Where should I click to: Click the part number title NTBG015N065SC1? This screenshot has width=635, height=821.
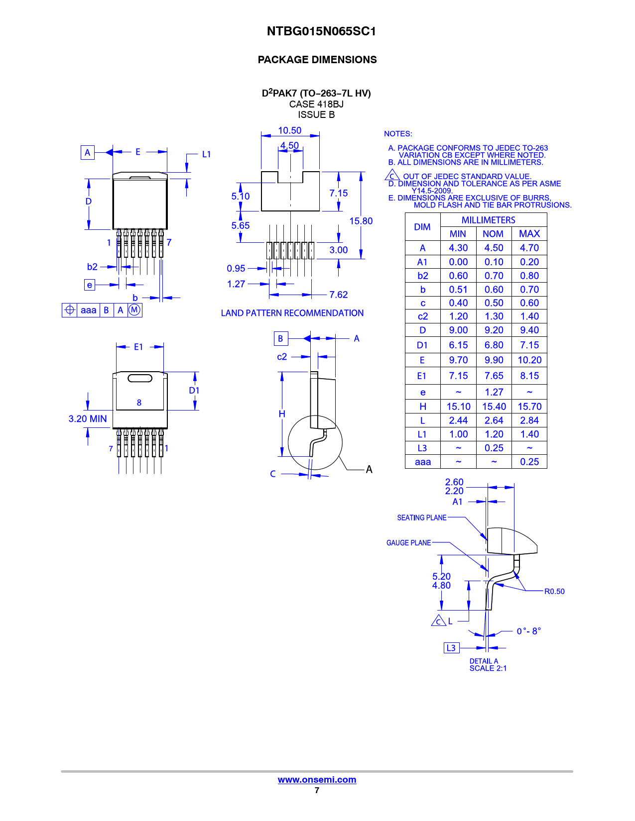pyautogui.click(x=321, y=31)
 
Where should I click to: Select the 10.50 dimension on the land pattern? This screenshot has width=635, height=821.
pyautogui.click(x=289, y=130)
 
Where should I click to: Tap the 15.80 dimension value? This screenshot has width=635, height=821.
pyautogui.click(x=361, y=221)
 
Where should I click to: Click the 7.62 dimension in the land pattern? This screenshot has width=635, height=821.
pyautogui.click(x=338, y=295)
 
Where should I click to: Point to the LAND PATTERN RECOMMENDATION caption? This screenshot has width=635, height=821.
pyautogui.click(x=292, y=313)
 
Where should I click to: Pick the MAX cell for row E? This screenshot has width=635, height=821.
pyautogui.click(x=529, y=360)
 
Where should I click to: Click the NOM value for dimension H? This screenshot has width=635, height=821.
pyautogui.click(x=494, y=407)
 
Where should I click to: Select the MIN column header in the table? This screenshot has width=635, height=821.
pyautogui.click(x=458, y=234)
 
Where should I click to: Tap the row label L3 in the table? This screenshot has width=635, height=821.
pyautogui.click(x=422, y=448)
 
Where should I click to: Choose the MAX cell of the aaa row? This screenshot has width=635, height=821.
pyautogui.click(x=529, y=462)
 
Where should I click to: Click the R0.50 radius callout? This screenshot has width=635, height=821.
pyautogui.click(x=554, y=591)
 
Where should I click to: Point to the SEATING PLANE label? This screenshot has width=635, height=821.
pyautogui.click(x=421, y=517)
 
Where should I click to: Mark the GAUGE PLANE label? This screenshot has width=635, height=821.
pyautogui.click(x=408, y=543)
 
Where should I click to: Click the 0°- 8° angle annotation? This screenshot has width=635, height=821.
pyautogui.click(x=528, y=631)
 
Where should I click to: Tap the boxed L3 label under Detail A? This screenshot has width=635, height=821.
pyautogui.click(x=451, y=648)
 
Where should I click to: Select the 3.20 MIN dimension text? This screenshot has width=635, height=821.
pyautogui.click(x=88, y=419)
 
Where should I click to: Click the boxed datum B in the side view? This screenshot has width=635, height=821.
pyautogui.click(x=280, y=338)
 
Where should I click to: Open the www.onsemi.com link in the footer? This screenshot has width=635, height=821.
pyautogui.click(x=317, y=780)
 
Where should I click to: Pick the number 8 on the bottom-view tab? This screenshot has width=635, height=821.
pyautogui.click(x=139, y=403)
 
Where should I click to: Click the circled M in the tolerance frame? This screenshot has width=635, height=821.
pyautogui.click(x=134, y=310)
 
